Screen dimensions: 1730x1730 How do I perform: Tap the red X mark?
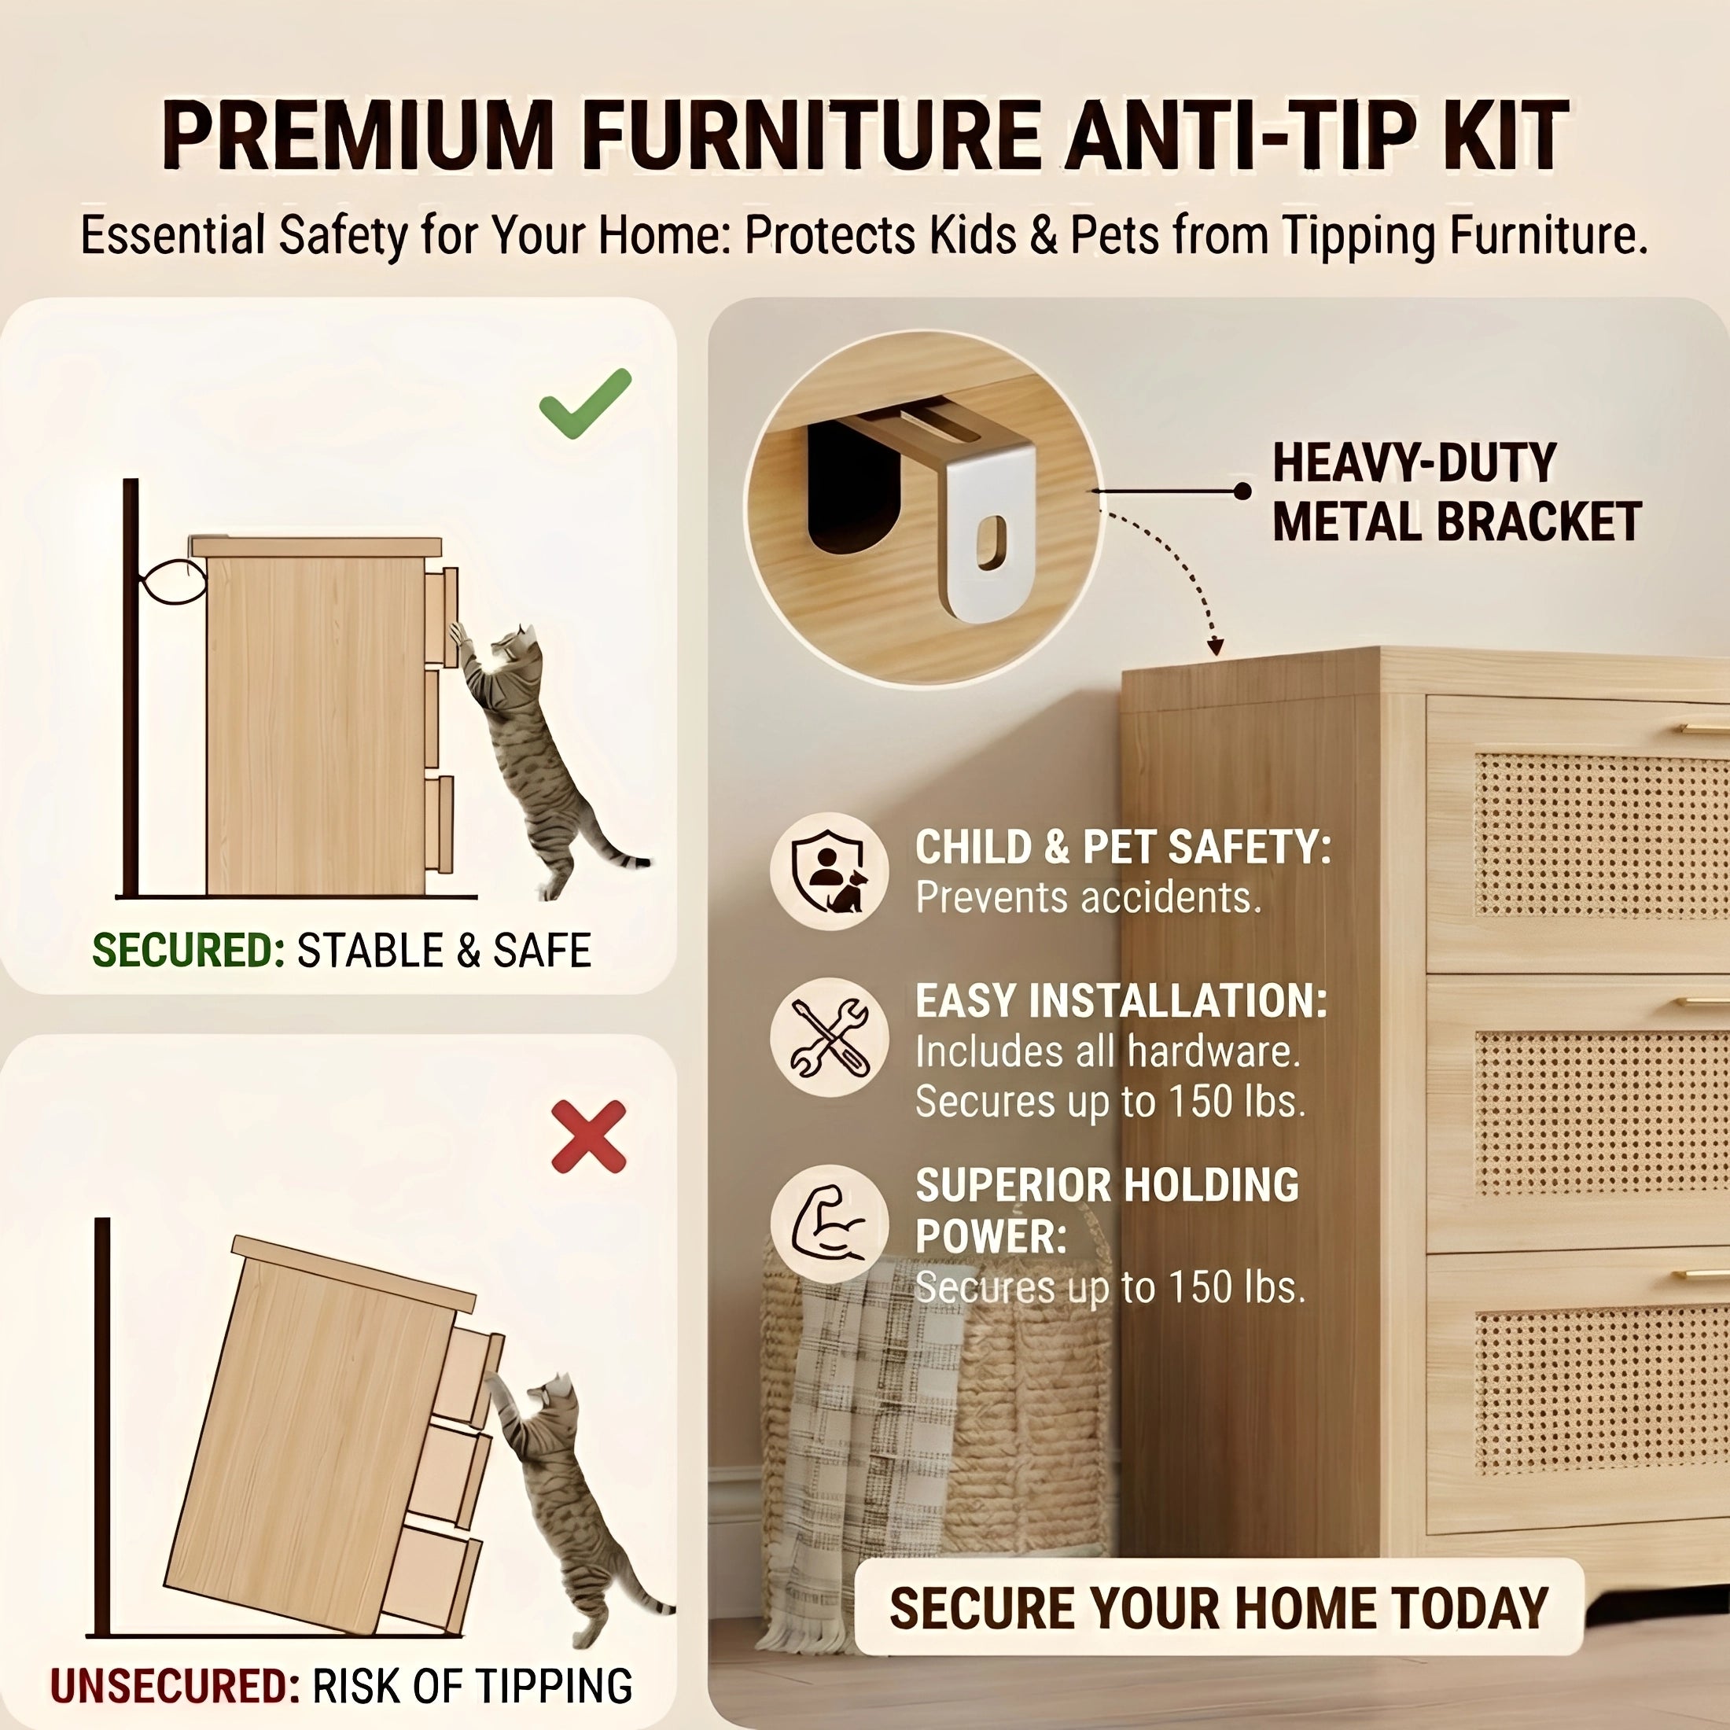(x=588, y=1136)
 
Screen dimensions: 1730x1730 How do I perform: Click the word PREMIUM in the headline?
(x=358, y=136)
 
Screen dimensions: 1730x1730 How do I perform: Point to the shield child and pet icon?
(x=829, y=871)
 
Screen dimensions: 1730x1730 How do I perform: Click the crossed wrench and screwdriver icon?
(x=829, y=1038)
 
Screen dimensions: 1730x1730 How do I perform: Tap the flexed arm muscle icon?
(x=829, y=1224)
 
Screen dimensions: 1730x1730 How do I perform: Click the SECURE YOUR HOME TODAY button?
(x=1218, y=1607)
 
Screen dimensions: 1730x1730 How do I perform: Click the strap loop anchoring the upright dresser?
(x=170, y=582)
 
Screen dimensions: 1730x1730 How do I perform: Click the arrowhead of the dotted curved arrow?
(x=1214, y=646)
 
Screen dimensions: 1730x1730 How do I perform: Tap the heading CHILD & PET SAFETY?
(x=1122, y=847)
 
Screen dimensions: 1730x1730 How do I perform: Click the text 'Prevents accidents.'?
(x=1087, y=897)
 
